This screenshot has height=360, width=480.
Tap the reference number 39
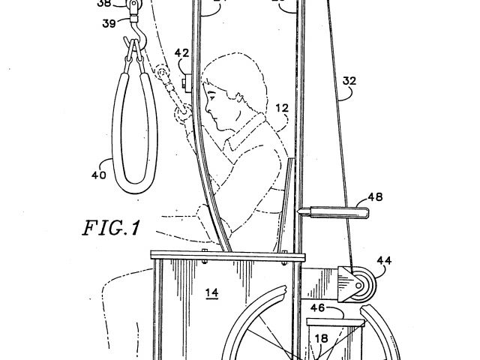pyautogui.click(x=110, y=24)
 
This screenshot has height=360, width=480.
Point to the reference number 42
pyautogui.click(x=181, y=52)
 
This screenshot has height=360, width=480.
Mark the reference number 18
pyautogui.click(x=321, y=339)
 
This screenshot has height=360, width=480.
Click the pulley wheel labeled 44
pyautogui.click(x=363, y=287)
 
